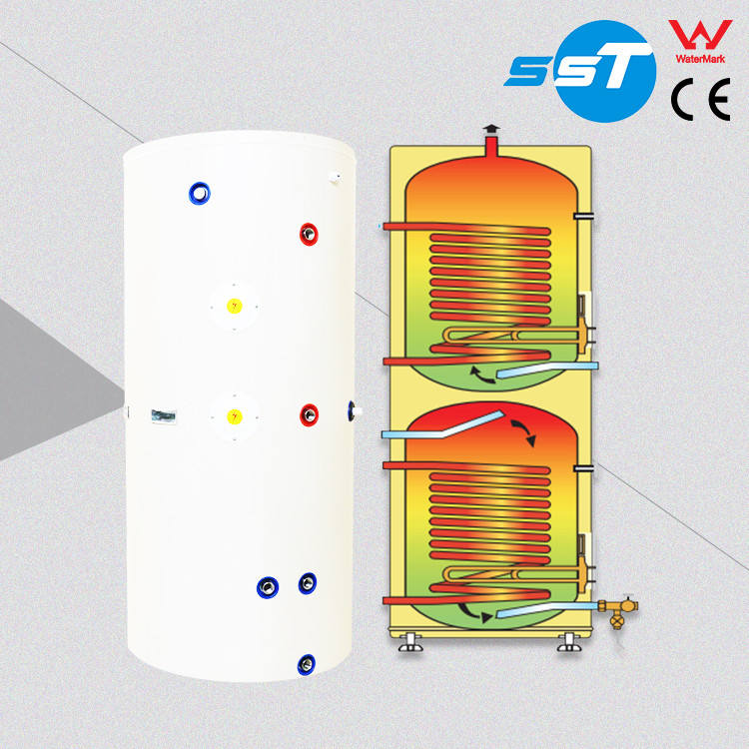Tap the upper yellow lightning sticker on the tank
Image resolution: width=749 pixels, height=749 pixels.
(x=234, y=306)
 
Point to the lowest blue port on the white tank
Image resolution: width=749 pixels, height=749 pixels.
(x=307, y=661)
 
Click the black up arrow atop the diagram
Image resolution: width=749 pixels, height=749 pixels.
(x=489, y=129)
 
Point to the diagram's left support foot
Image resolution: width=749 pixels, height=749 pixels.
(x=408, y=640)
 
